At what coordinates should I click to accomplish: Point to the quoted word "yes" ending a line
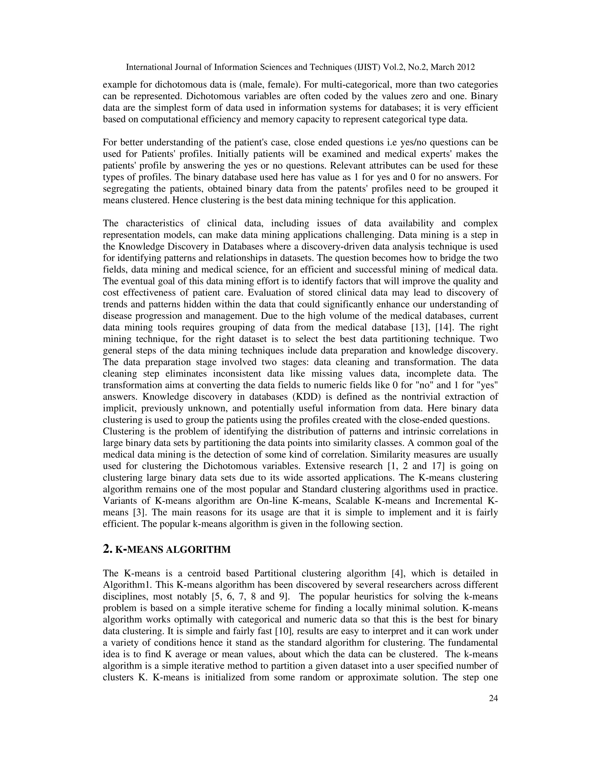(x=487, y=385)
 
